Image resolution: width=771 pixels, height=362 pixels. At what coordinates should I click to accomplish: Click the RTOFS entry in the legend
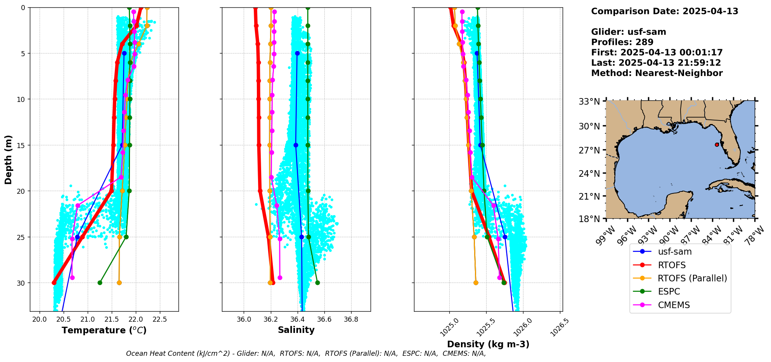point(672,265)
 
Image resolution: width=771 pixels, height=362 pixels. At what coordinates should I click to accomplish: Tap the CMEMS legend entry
point(674,305)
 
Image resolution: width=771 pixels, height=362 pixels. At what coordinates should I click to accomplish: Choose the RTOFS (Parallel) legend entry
point(692,278)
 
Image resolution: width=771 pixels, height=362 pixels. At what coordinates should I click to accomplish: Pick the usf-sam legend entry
point(674,252)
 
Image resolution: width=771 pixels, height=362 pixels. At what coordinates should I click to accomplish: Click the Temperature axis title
point(104,330)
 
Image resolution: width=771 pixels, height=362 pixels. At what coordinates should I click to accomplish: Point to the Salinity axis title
point(296,330)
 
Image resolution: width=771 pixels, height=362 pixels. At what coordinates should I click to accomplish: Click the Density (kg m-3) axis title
point(488,344)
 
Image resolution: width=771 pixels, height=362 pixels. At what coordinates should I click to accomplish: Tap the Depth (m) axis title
point(9,159)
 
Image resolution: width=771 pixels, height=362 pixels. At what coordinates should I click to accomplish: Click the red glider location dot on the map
point(717,145)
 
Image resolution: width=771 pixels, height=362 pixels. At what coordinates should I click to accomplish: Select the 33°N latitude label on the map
point(589,102)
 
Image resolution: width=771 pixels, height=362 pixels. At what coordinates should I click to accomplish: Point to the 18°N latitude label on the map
point(589,219)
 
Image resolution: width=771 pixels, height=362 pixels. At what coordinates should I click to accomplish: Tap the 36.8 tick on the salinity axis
point(351,319)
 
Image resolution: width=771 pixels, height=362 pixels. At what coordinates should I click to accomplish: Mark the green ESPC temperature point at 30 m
point(100,283)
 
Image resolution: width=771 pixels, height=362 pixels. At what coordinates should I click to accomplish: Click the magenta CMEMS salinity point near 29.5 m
point(280,278)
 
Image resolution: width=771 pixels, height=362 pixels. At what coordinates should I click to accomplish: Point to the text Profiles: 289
point(622,42)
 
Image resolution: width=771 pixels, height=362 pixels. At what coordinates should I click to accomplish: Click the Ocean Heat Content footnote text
point(306,353)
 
